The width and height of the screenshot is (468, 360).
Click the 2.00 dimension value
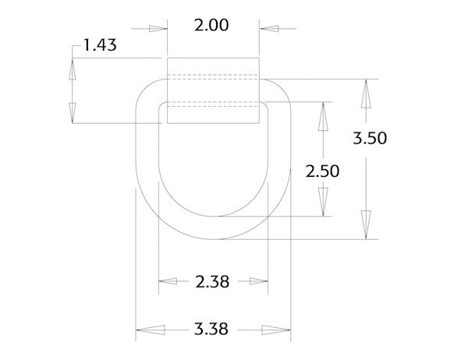[212, 25]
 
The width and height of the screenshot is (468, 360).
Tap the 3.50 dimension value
[370, 139]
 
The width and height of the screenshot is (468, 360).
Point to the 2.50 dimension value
[322, 171]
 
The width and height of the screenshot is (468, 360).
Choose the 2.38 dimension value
[213, 282]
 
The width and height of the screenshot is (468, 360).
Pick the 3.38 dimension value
[212, 329]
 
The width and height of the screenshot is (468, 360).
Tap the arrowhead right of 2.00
[270, 29]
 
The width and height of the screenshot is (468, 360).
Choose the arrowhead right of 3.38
[275, 329]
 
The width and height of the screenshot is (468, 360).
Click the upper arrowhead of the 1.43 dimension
[73, 69]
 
